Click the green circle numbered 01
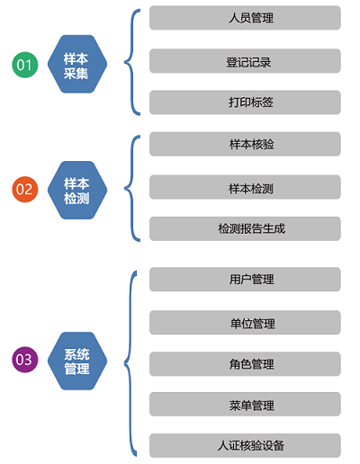(25, 65)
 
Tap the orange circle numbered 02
(25, 190)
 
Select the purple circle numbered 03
(25, 360)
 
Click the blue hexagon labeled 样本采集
(77, 64)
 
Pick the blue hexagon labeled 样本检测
(77, 190)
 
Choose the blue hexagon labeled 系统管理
(77, 361)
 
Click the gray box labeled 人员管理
(245, 18)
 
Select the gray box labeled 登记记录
(245, 61)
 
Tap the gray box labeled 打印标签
(245, 103)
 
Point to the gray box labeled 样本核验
(245, 144)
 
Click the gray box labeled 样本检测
(245, 187)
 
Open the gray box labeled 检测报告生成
(245, 228)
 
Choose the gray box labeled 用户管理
(245, 280)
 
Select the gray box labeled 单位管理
(245, 323)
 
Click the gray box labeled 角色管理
(245, 364)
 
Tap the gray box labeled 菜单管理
(245, 404)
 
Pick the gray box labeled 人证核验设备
(245, 445)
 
